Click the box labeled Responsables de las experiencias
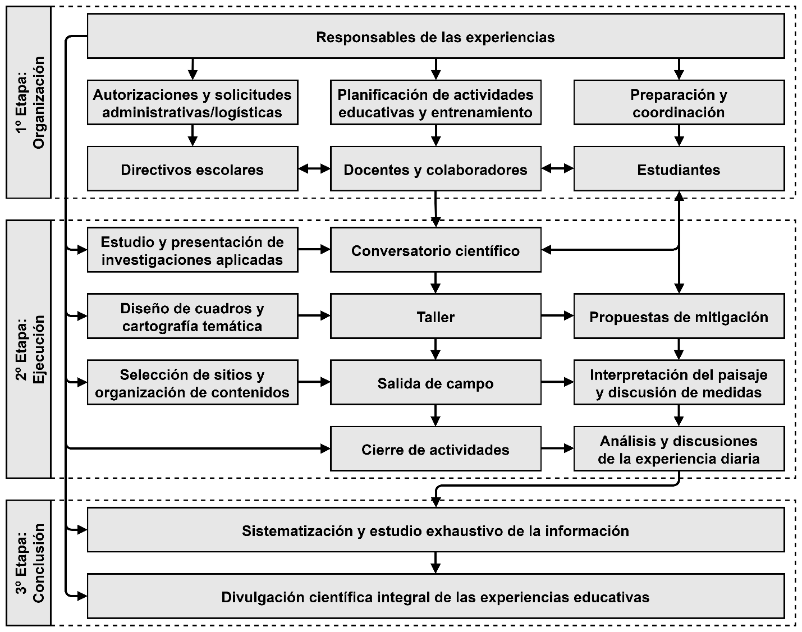pos(436,37)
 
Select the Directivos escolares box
pos(192,170)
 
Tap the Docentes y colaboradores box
pos(436,170)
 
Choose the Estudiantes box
pos(679,170)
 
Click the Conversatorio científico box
pos(436,250)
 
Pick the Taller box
pos(436,317)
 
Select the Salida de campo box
pos(436,383)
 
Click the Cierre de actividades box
pos(436,450)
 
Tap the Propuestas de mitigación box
pos(679,317)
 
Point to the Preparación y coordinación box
pos(679,103)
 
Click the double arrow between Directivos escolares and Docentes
pos(314,168)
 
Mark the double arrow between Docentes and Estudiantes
pos(557,168)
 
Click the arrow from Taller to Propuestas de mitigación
pos(557,316)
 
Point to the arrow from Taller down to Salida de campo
pos(436,349)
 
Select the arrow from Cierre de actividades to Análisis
pos(557,448)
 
